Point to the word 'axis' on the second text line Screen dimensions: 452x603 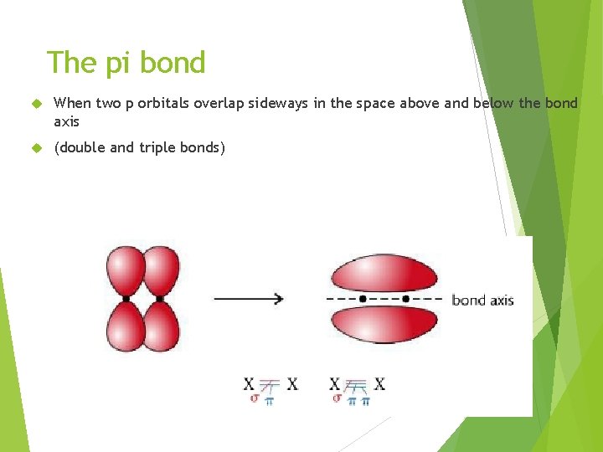[66, 121]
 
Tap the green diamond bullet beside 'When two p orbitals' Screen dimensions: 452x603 [35, 104]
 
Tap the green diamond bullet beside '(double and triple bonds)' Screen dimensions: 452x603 [35, 148]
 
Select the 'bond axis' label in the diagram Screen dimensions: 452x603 [482, 300]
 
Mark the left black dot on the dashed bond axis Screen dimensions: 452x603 [363, 298]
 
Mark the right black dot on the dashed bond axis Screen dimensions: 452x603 [406, 298]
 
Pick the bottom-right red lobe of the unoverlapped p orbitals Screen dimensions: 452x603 [162, 325]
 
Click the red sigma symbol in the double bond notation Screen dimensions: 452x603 [254, 399]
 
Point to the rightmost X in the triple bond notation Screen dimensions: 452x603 [379, 384]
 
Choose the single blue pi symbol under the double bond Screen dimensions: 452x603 [269, 401]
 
